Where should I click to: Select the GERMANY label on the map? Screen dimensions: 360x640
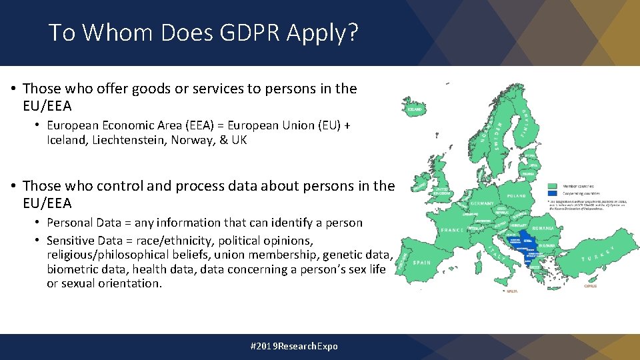coord(481,203)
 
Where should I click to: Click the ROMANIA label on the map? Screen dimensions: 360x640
coord(543,228)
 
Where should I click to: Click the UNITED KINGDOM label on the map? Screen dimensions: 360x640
coord(443,191)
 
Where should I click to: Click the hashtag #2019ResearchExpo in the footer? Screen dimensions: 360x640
coord(294,346)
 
